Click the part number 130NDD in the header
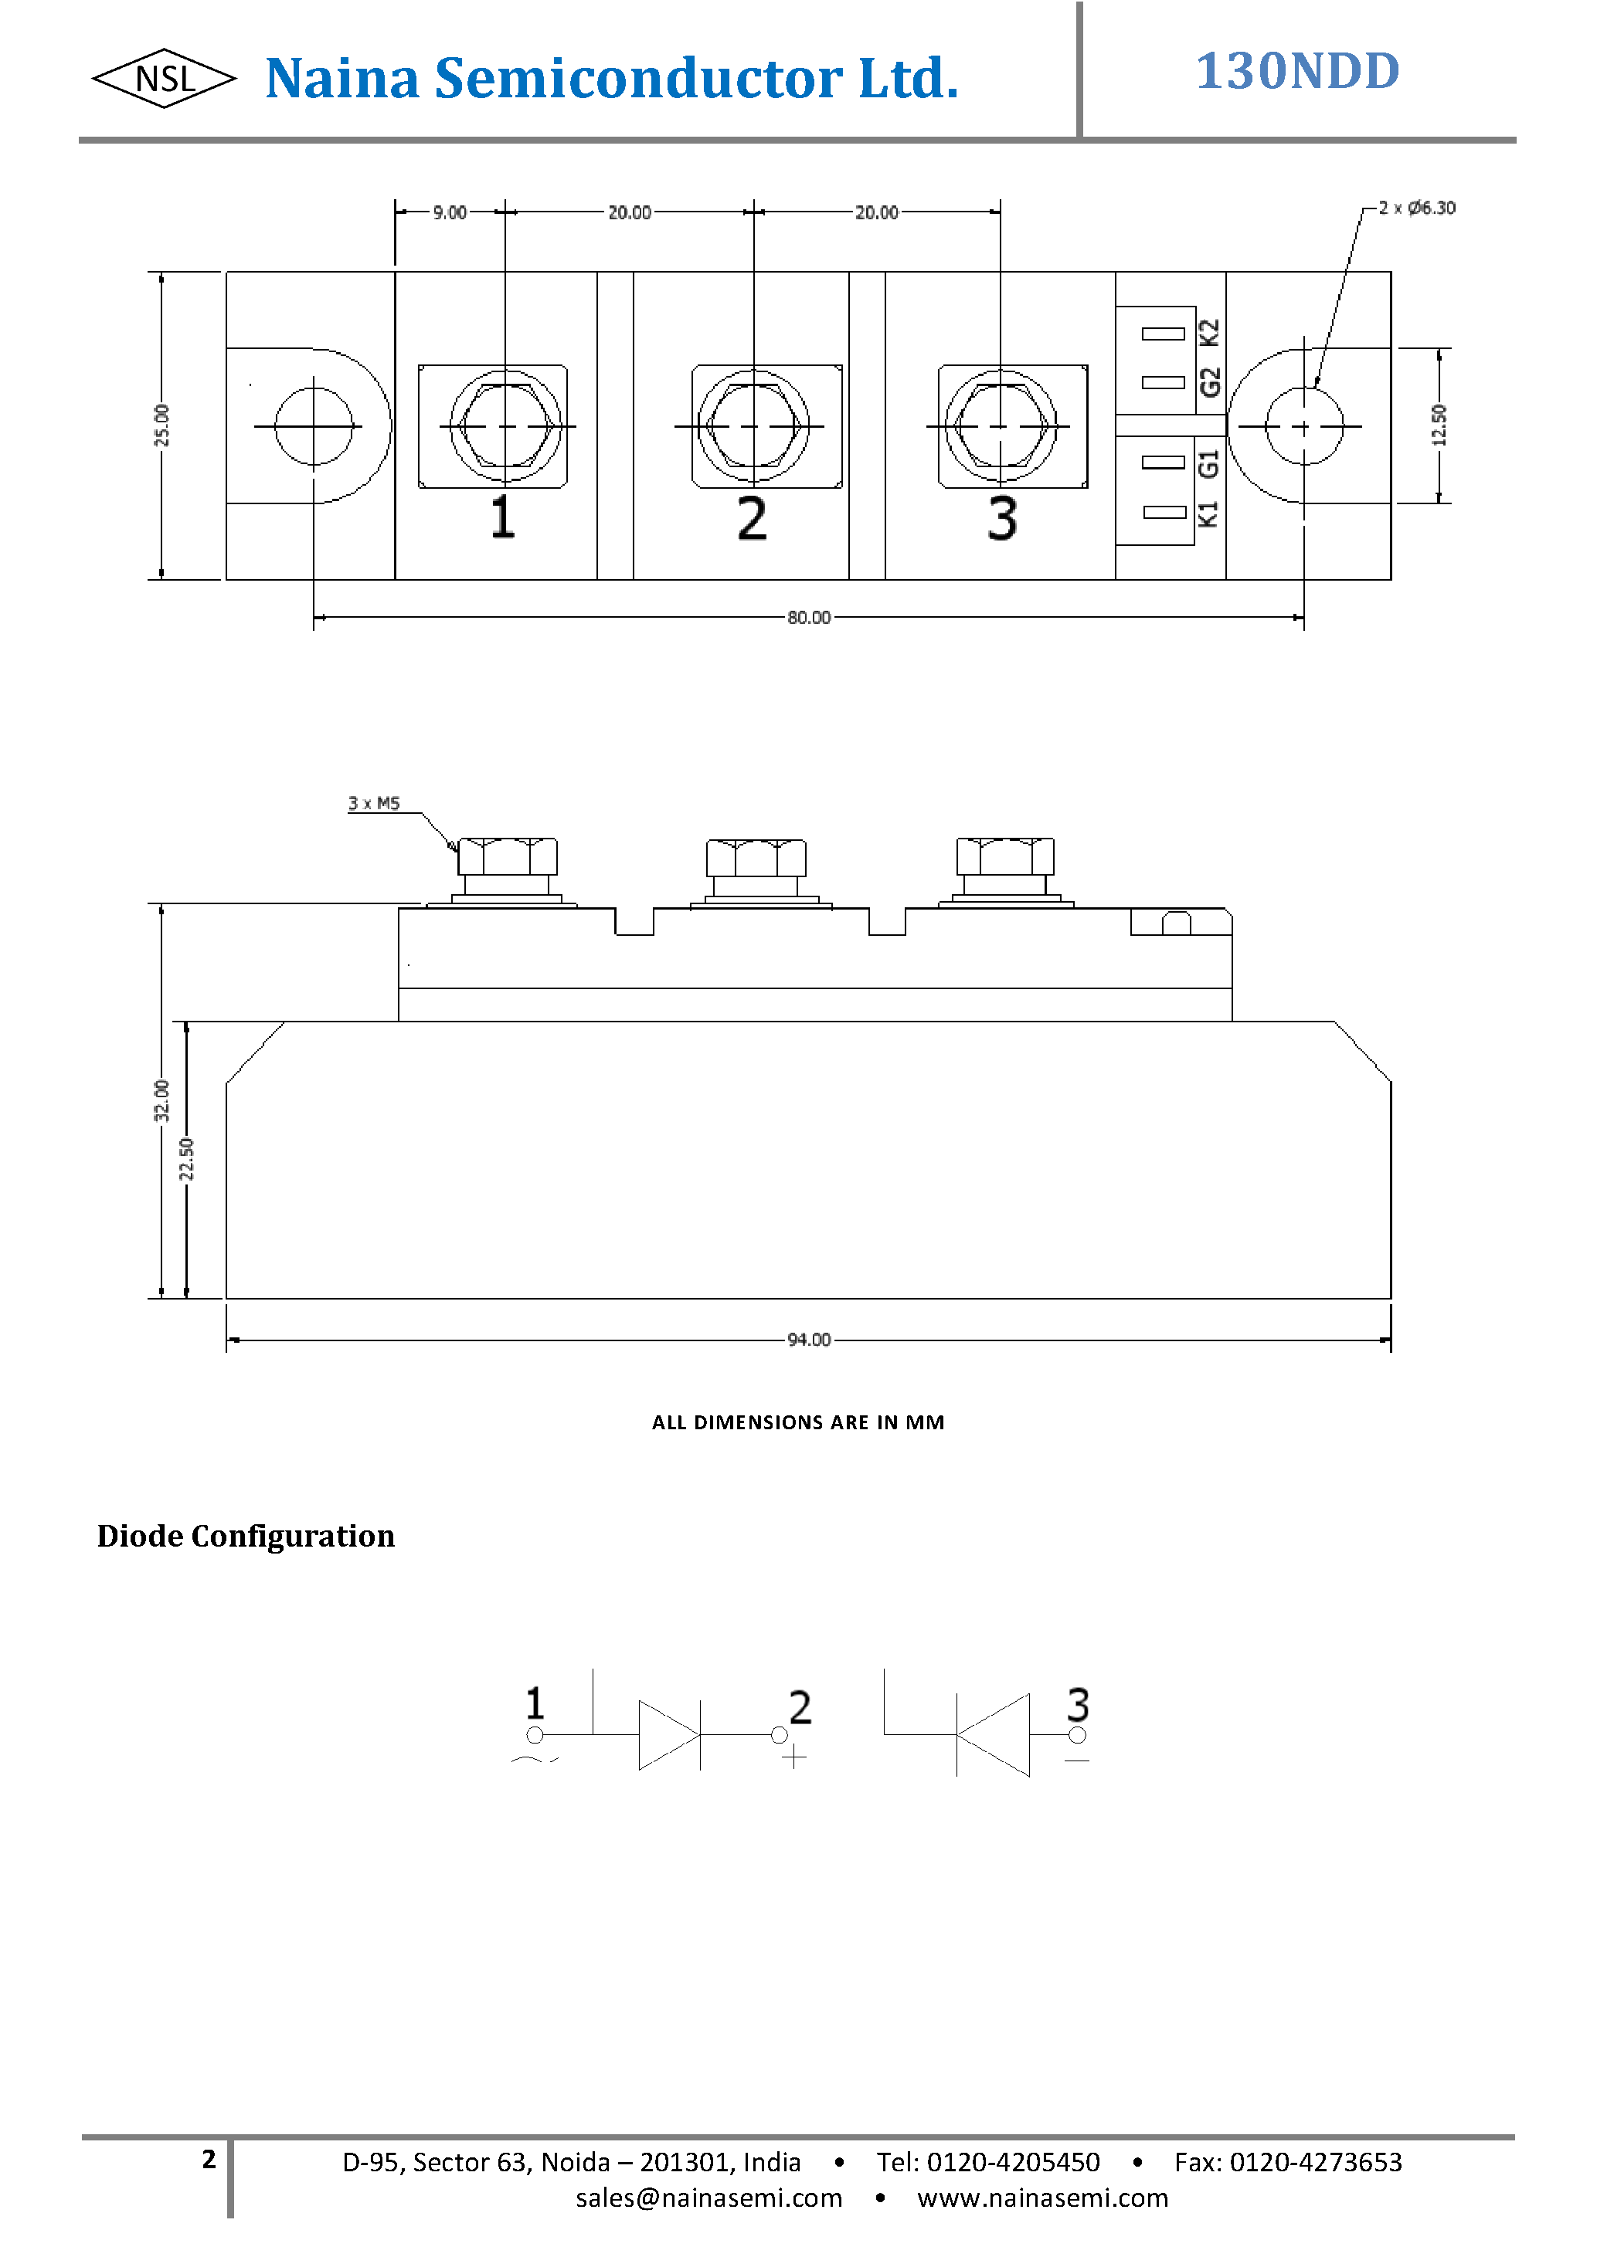[1297, 72]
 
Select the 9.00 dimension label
[450, 212]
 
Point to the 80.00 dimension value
[808, 617]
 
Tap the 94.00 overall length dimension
[808, 1340]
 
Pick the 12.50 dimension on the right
[1439, 425]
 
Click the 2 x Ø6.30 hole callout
[1416, 208]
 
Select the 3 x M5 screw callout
[374, 803]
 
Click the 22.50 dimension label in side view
[187, 1159]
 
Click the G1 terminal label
[1210, 463]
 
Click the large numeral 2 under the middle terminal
[753, 518]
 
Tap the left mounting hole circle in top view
[314, 425]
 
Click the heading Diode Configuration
[246, 1537]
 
